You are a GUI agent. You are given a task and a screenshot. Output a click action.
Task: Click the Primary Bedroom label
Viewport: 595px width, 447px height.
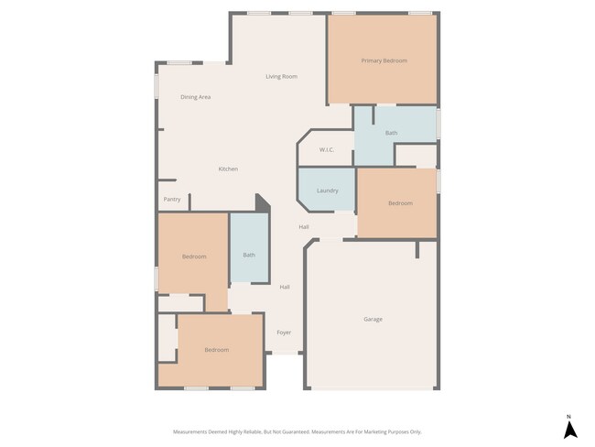pos(384,60)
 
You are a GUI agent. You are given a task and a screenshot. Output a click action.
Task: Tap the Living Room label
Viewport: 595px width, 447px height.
pos(281,76)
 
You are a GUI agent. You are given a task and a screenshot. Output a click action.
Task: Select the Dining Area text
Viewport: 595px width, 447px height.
pos(196,96)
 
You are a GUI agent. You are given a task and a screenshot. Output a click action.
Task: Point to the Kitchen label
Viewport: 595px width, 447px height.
pos(228,169)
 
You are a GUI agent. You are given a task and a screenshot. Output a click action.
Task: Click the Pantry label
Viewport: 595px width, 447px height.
pos(172,199)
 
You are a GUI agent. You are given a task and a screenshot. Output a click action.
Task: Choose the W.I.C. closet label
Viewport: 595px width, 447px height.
pos(327,149)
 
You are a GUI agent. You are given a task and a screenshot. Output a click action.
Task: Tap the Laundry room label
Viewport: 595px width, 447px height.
pos(328,191)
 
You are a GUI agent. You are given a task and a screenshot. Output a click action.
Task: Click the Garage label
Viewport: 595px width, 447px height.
pos(373,319)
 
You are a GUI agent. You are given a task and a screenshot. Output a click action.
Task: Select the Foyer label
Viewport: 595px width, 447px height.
pos(284,332)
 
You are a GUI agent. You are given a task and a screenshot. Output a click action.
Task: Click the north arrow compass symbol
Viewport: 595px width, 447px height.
pos(568,431)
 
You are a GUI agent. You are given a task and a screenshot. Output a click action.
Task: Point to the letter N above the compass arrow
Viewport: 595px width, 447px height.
pos(568,416)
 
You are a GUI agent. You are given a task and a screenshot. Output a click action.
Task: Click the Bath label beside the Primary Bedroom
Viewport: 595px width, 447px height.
pos(391,133)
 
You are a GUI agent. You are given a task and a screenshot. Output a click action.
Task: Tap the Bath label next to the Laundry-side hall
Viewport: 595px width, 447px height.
pos(249,254)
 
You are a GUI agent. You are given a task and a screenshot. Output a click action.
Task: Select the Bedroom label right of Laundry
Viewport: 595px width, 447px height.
pos(400,203)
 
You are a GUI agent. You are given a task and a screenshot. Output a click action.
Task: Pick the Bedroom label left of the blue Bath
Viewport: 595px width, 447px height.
pos(193,256)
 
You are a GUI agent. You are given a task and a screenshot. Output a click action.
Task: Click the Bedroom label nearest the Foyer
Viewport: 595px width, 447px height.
pos(216,350)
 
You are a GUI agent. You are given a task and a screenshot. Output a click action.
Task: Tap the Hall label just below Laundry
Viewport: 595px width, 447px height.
pos(303,226)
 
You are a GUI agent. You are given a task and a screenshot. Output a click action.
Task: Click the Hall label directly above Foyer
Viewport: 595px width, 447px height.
pos(285,287)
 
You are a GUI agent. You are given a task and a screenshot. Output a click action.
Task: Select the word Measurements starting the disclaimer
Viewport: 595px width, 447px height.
pos(191,431)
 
